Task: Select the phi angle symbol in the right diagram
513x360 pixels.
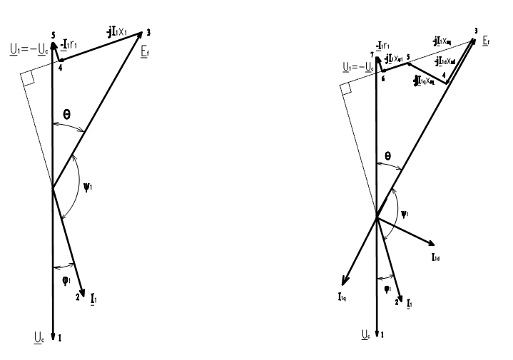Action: point(385,289)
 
